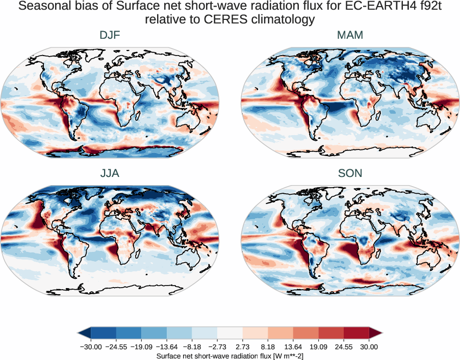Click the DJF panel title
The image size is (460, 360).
[x=110, y=35]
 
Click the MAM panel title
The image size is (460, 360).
[x=350, y=35]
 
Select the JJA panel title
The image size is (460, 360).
[x=110, y=173]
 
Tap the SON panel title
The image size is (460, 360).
[x=350, y=173]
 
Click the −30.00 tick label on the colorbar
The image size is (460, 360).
[x=90, y=347]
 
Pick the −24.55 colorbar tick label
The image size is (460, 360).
[x=116, y=347]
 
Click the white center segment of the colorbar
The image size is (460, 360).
[x=230, y=333]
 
